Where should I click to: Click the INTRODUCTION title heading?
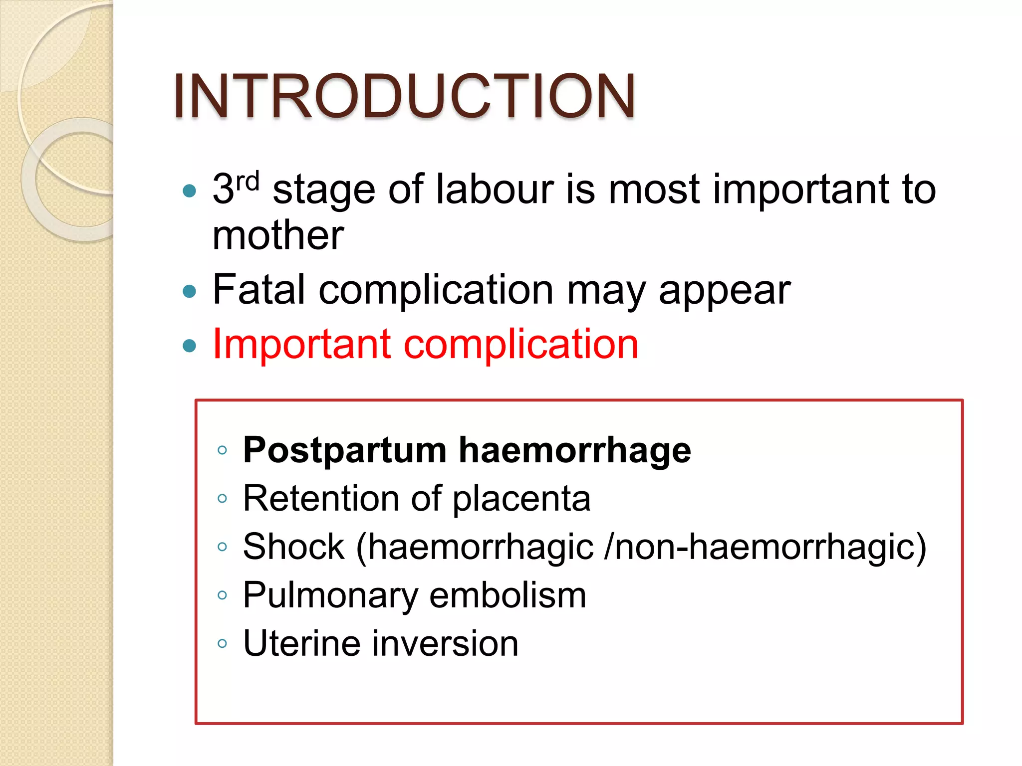tap(404, 96)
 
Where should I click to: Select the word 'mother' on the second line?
tap(278, 235)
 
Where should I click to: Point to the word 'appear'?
tap(725, 291)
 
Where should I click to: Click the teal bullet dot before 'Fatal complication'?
tap(190, 291)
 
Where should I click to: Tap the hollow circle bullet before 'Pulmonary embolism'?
tap(223, 595)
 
